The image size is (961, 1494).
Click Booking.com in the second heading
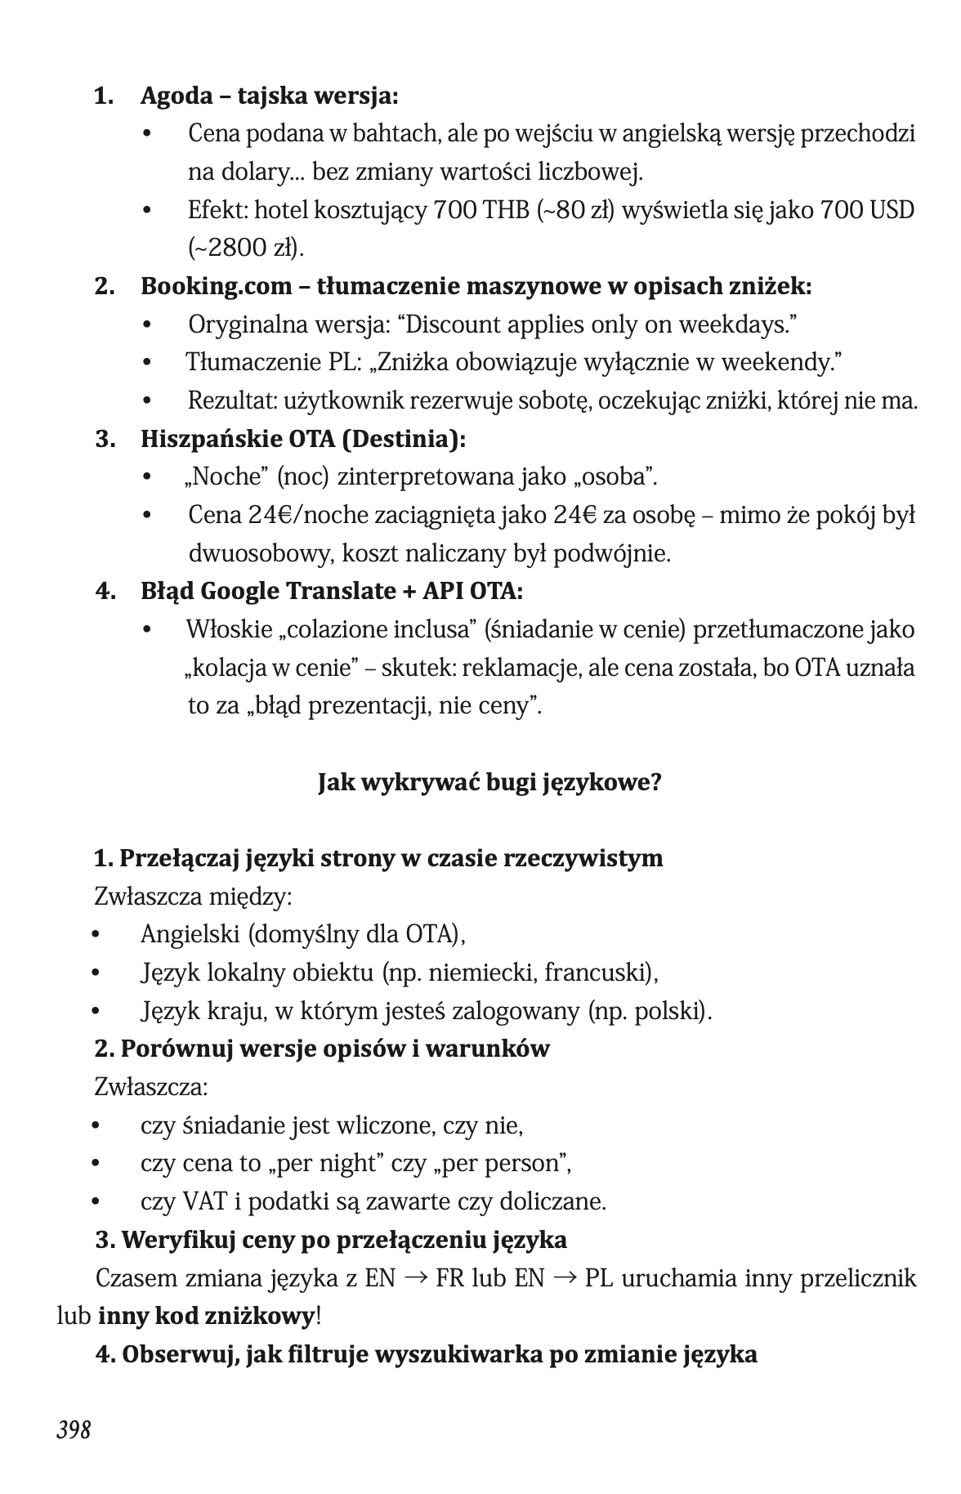pos(217,287)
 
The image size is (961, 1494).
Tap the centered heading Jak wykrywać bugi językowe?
pos(489,782)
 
